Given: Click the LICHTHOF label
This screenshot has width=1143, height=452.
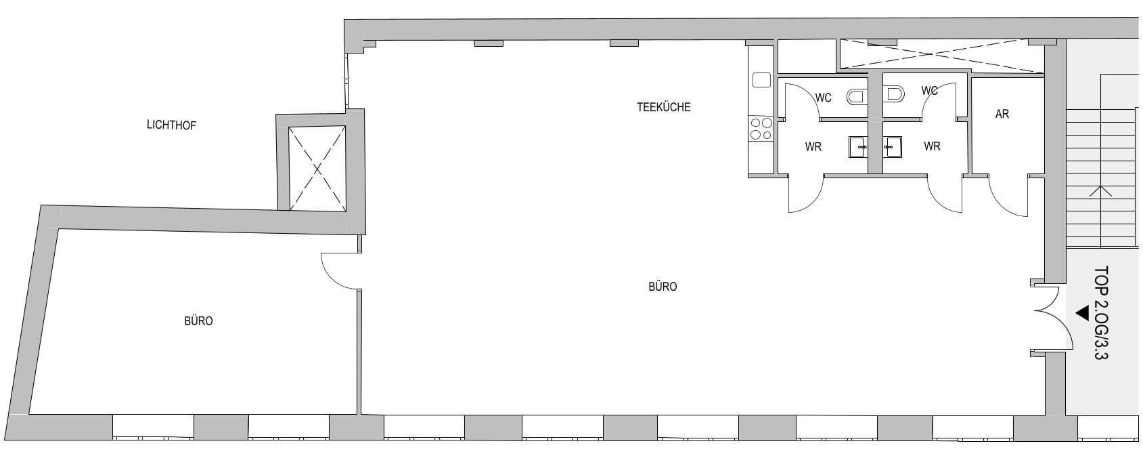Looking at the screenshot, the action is coord(171,125).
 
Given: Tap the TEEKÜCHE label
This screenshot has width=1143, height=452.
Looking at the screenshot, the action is coord(663,107).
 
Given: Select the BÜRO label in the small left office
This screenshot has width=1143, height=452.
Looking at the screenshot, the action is coord(198,321).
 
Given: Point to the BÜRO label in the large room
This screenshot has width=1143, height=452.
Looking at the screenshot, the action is coord(663,287).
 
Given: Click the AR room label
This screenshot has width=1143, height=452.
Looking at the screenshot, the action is coord(1002,114).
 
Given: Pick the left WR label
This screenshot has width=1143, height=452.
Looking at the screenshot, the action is coord(813,146).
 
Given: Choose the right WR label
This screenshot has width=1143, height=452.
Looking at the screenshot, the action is coord(932,146).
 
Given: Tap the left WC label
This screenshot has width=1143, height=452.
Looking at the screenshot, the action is coord(823,98).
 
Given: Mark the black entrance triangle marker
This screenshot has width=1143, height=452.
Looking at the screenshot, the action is coord(1082,312).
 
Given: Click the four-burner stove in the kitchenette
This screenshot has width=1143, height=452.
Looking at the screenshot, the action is coord(761,128).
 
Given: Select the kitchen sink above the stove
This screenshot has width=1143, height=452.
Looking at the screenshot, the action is coord(761,80).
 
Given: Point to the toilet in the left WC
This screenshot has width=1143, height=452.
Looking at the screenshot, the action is coord(857,96).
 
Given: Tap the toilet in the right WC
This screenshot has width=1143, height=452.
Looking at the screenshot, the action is coord(893,94).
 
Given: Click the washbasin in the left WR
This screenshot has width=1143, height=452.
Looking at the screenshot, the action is coord(858,147).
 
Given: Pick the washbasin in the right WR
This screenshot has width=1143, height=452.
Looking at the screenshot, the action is coord(893,147).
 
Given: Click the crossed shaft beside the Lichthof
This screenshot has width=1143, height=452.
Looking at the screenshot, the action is coord(317,167).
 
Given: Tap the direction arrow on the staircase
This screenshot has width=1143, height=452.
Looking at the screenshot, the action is coord(1100,191).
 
